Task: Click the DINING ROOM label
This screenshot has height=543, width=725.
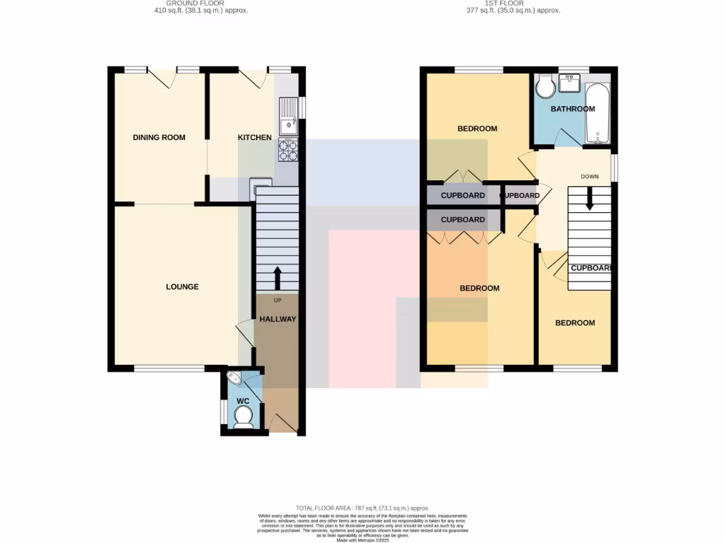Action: pyautogui.click(x=159, y=137)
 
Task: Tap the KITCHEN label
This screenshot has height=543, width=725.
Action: pyautogui.click(x=254, y=137)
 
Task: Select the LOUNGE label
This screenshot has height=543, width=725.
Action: pyautogui.click(x=182, y=286)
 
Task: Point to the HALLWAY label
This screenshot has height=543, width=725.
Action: pyautogui.click(x=278, y=319)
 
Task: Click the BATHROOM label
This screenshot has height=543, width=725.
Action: pyautogui.click(x=573, y=109)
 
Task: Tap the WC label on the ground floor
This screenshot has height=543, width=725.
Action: pyautogui.click(x=243, y=401)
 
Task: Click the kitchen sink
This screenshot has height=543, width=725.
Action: pyautogui.click(x=288, y=117)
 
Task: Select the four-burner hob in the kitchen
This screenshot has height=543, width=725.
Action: pyautogui.click(x=289, y=151)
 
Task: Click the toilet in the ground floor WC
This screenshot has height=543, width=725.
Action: pyautogui.click(x=243, y=419)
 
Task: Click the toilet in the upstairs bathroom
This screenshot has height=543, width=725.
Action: pyautogui.click(x=546, y=88)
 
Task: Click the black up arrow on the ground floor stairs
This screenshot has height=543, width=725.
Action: pyautogui.click(x=277, y=278)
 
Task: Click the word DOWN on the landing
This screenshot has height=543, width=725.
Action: pyautogui.click(x=590, y=177)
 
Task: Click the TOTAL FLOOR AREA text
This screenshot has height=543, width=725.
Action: pyautogui.click(x=362, y=508)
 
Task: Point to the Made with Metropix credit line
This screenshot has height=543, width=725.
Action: pyautogui.click(x=362, y=540)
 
